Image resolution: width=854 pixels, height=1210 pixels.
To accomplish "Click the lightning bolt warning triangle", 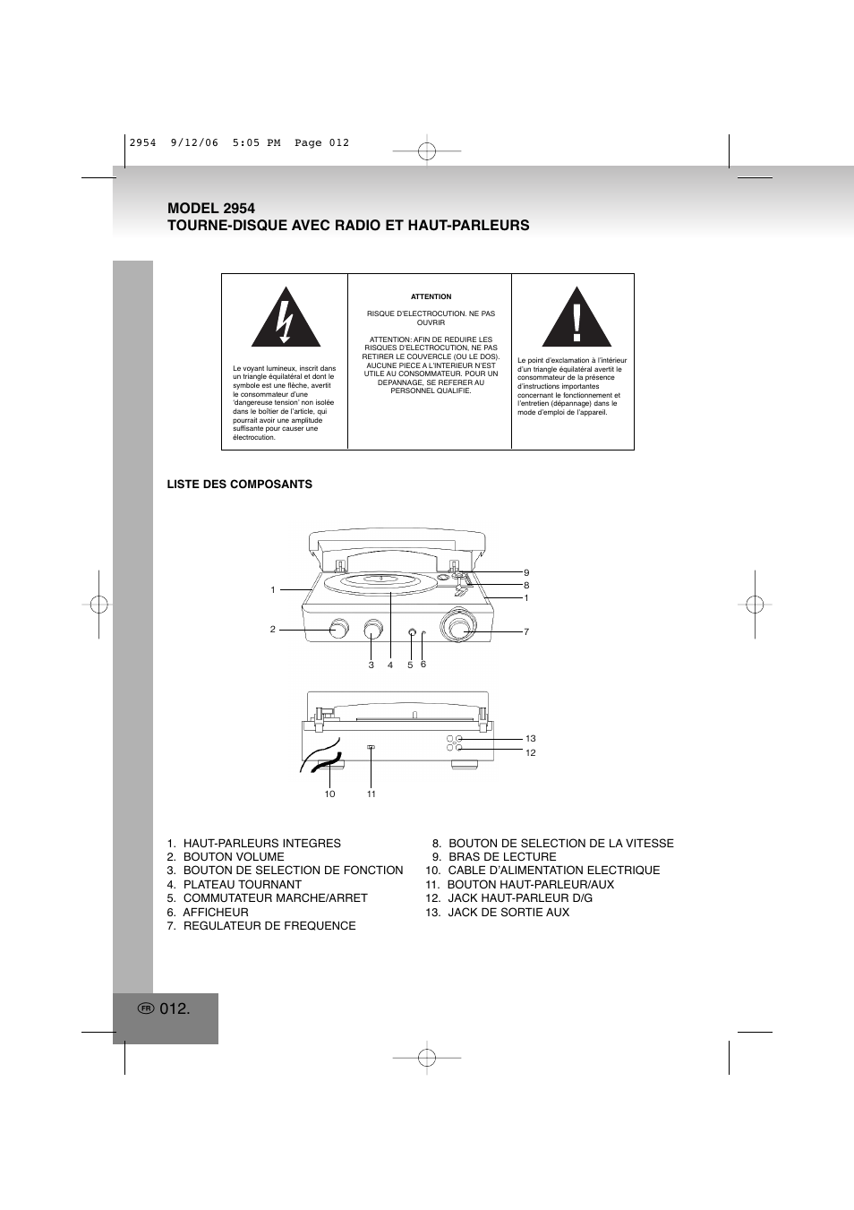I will tap(286, 320).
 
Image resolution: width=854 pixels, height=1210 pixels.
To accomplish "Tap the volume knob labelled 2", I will tap(339, 629).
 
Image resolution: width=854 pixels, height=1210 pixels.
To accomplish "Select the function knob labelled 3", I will tap(373, 630).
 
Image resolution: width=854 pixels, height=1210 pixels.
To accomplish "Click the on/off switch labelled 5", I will tap(412, 634).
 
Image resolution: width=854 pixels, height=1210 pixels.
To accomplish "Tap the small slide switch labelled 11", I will tap(371, 747).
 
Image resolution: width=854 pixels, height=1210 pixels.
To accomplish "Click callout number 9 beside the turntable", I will tap(526, 572).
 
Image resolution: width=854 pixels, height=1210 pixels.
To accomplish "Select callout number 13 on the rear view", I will tap(530, 739).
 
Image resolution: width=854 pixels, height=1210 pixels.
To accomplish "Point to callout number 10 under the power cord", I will tap(329, 794).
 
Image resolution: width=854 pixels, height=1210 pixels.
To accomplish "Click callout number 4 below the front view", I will tap(390, 665).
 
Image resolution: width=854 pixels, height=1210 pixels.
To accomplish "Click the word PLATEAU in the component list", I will tap(211, 884).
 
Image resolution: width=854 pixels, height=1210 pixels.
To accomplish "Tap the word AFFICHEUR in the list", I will tap(216, 912).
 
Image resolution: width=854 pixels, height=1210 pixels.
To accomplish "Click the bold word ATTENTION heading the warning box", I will tap(431, 296).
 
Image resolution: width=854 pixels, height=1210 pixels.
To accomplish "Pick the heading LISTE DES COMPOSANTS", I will tap(239, 484).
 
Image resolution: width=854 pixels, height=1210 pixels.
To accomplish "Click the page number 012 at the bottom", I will tap(175, 1008).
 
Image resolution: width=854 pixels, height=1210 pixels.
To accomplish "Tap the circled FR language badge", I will tap(147, 1008).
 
